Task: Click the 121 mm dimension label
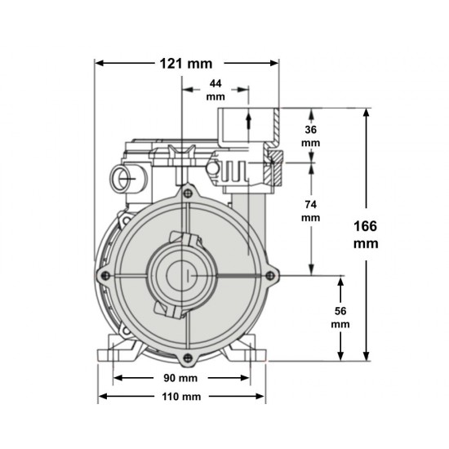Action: [x=186, y=64]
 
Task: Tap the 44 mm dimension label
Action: [x=216, y=90]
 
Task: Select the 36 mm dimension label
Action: [x=311, y=136]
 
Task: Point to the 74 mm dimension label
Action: [x=311, y=211]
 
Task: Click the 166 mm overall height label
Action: [x=366, y=235]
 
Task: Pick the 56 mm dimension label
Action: [x=340, y=318]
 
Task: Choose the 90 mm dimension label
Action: [x=180, y=378]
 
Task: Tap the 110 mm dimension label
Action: [x=181, y=397]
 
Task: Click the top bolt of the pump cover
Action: [x=188, y=193]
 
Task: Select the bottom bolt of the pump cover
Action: [x=188, y=358]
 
